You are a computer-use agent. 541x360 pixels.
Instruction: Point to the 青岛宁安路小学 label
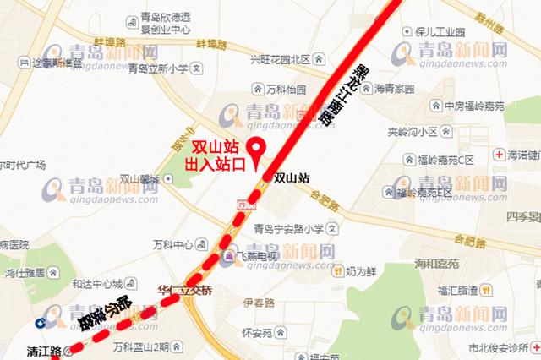click(289, 227)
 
